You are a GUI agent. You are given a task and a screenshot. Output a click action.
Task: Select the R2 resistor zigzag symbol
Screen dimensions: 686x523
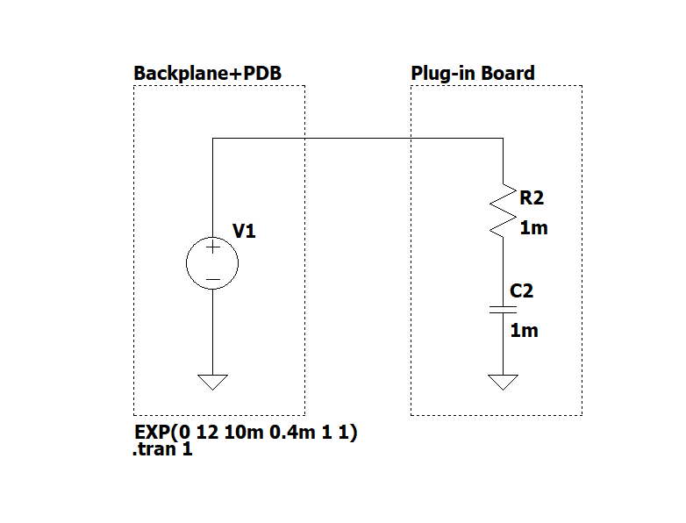(503, 211)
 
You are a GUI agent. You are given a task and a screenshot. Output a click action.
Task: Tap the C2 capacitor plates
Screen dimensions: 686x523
(503, 310)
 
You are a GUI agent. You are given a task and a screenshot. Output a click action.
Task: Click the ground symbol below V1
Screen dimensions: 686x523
(212, 382)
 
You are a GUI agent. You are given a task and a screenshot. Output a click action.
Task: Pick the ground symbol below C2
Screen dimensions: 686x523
(504, 382)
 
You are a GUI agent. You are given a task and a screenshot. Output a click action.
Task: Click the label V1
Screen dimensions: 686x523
(244, 231)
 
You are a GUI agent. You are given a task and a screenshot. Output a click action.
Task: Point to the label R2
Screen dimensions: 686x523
(532, 197)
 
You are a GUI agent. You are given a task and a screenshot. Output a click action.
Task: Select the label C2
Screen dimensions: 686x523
(521, 291)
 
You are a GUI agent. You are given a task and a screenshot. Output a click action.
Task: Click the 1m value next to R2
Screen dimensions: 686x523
(533, 228)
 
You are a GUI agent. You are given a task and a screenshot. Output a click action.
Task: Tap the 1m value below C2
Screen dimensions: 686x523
(524, 331)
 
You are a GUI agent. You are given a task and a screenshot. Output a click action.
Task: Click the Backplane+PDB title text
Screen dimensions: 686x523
(207, 73)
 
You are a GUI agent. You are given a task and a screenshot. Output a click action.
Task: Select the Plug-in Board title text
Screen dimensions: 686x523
(473, 73)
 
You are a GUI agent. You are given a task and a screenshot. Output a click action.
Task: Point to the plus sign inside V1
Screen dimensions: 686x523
(212, 247)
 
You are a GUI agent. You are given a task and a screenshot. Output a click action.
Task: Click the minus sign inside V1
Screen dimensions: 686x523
(212, 279)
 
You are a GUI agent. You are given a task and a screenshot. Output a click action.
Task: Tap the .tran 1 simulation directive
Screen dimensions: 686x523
(162, 449)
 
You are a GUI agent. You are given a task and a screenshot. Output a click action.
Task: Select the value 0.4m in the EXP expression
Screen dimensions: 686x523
(292, 433)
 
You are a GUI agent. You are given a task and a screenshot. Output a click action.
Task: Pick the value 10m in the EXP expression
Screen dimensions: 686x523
(244, 433)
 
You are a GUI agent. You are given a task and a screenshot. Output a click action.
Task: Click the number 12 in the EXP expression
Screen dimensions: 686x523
(207, 433)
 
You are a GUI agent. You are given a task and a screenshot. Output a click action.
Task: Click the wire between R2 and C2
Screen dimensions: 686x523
(504, 272)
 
